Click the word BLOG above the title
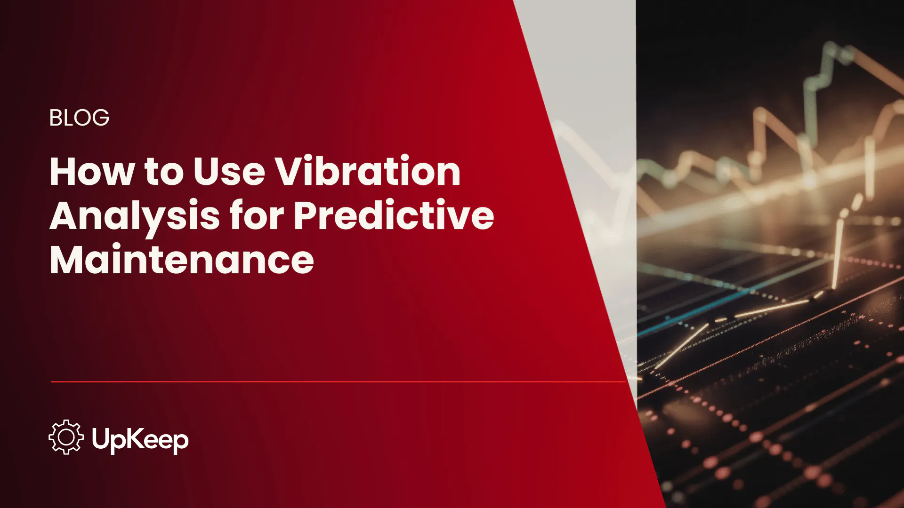point(79,118)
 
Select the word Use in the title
point(229,172)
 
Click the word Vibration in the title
point(368,172)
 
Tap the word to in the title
point(164,173)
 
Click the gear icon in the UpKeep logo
point(66,437)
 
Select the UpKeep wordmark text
point(140,440)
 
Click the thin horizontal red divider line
point(330,382)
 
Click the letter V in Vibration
point(289,172)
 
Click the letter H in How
point(62,172)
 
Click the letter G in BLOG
point(101,118)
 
